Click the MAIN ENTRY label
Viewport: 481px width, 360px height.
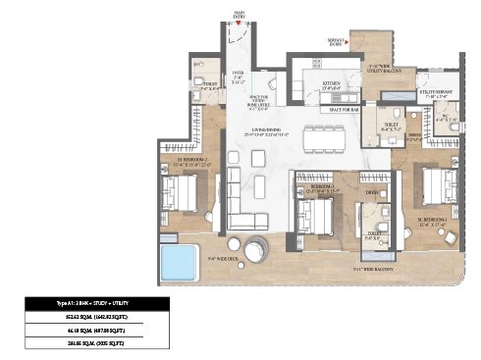pos(239,14)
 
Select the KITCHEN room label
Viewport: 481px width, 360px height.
pos(331,86)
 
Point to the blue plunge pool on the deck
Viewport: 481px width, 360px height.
pos(180,262)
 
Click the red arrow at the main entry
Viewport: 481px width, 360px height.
pos(239,27)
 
